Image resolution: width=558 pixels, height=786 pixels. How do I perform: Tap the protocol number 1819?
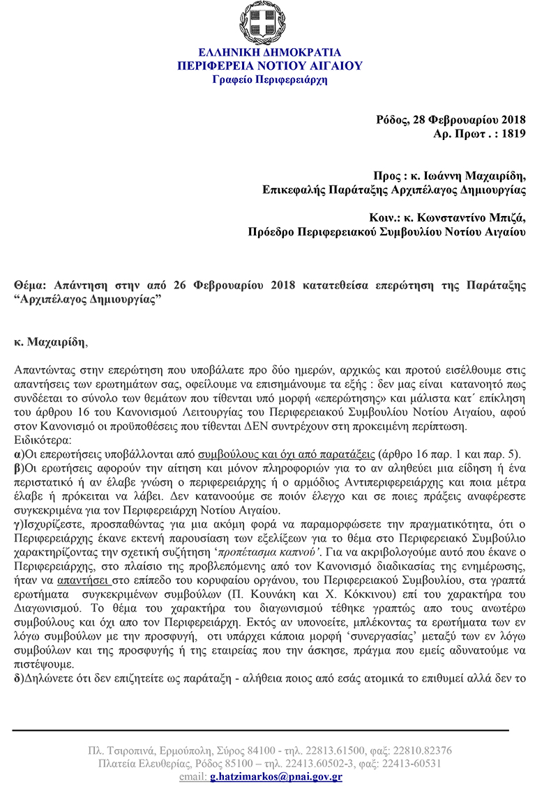point(513,132)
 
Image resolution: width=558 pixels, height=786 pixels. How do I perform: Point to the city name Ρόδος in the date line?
point(391,119)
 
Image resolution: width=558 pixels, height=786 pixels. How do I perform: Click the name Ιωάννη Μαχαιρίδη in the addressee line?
point(475,176)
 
